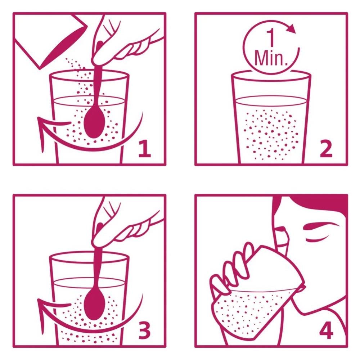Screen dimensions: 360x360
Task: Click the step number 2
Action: [326, 149]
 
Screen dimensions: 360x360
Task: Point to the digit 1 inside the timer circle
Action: [271, 38]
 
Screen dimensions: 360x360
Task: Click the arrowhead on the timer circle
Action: [292, 28]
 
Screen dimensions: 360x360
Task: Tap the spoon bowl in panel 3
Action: [94, 304]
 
